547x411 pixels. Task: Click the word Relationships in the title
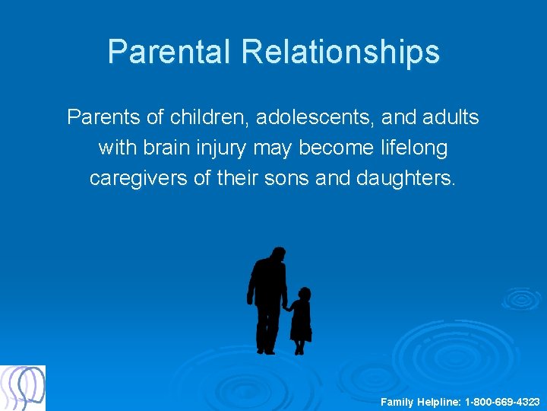(x=340, y=52)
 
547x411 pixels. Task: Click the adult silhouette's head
(x=277, y=256)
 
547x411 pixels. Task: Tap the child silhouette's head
(x=304, y=294)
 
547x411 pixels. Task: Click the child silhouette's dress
(x=301, y=323)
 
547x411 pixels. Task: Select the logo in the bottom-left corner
(x=23, y=388)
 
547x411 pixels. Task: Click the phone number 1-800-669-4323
(x=502, y=401)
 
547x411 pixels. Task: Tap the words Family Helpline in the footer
(x=421, y=401)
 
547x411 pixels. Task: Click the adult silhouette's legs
(x=267, y=331)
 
